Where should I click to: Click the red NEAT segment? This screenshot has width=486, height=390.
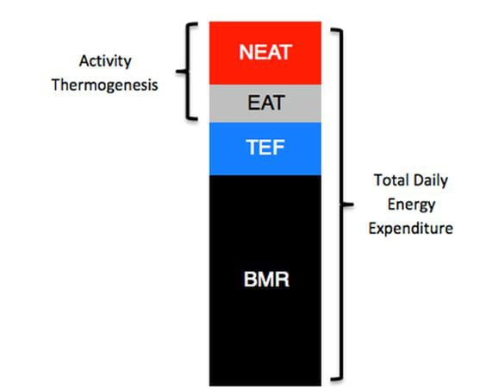click(x=265, y=53)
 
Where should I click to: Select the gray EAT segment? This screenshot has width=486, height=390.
click(x=265, y=104)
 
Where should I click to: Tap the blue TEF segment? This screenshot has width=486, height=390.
click(x=265, y=149)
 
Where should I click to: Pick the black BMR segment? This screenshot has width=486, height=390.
click(x=265, y=280)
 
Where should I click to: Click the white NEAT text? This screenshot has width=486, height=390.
click(x=265, y=52)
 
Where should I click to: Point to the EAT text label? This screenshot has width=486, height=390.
click(x=266, y=103)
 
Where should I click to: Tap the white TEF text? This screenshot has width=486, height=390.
click(x=265, y=147)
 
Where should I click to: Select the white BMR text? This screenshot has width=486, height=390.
click(x=266, y=279)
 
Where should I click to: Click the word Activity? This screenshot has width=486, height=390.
click(x=105, y=61)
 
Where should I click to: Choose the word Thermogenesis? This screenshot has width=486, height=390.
click(x=105, y=85)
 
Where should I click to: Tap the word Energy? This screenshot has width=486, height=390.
click(x=412, y=204)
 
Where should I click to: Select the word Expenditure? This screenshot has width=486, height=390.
click(x=411, y=229)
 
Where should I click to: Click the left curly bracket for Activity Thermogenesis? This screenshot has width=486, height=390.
click(x=187, y=72)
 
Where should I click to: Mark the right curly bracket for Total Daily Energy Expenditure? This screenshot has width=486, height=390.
click(x=342, y=204)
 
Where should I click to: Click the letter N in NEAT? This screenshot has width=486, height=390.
click(x=246, y=52)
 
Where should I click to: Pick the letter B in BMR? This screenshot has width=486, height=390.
click(x=250, y=280)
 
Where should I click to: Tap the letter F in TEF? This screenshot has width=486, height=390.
click(x=278, y=148)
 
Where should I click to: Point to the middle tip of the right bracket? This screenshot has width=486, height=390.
click(x=352, y=204)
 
